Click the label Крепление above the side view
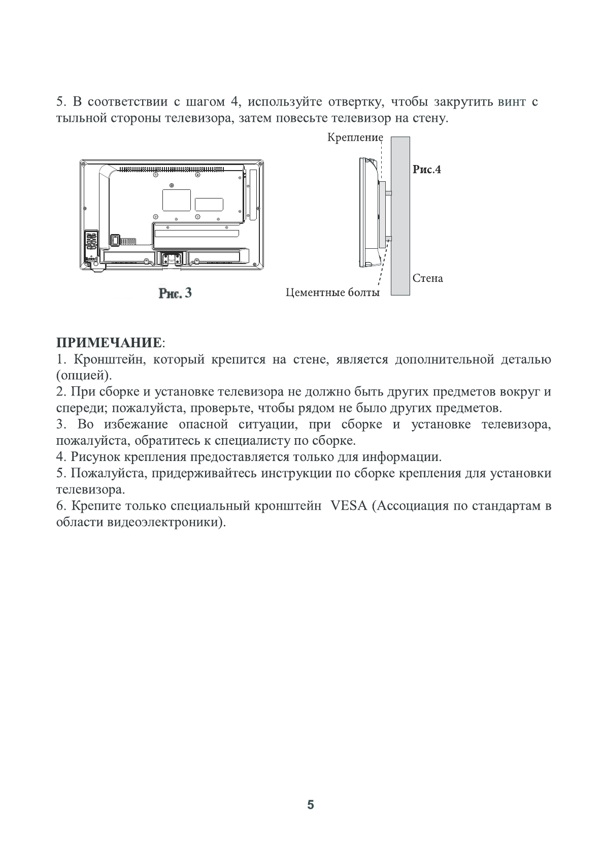(355, 138)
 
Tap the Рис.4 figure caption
(426, 170)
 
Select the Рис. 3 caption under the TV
(176, 293)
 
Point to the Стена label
(427, 278)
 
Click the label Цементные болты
(332, 292)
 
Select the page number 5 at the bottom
(311, 805)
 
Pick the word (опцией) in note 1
(83, 376)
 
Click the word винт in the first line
(512, 102)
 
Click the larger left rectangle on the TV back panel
(176, 200)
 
